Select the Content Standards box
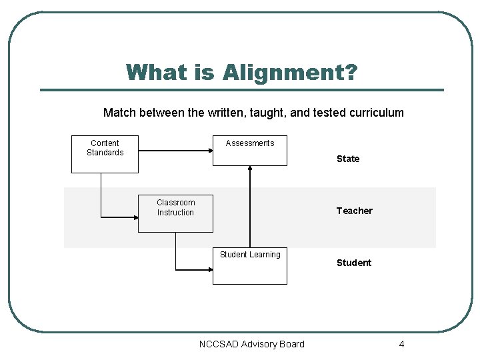tap(105, 154)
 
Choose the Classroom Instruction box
tap(175, 213)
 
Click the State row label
tap(348, 159)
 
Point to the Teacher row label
tap(354, 211)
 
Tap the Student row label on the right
tap(354, 263)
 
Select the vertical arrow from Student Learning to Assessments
tap(250, 207)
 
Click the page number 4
tap(401, 344)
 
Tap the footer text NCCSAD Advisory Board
tap(251, 344)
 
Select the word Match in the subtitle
tap(119, 113)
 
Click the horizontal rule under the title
tap(241, 90)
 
